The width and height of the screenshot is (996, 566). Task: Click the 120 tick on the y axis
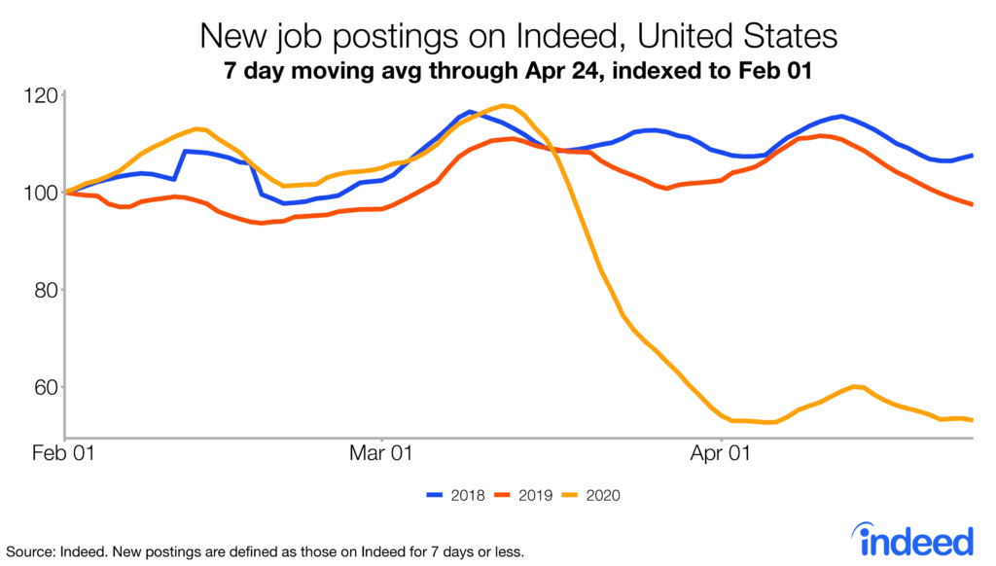[x=41, y=95]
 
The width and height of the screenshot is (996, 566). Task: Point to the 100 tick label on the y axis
[x=41, y=193]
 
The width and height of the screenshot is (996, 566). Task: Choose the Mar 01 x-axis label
[x=380, y=453]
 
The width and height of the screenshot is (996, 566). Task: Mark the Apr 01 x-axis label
[x=721, y=453]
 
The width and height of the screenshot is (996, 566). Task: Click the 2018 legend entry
[x=453, y=495]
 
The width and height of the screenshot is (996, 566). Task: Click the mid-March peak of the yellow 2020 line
[x=504, y=105]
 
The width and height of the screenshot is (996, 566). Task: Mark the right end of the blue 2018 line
[x=973, y=156]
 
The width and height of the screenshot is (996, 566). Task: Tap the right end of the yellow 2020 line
[x=973, y=420]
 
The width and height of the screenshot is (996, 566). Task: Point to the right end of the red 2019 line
[x=973, y=204]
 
